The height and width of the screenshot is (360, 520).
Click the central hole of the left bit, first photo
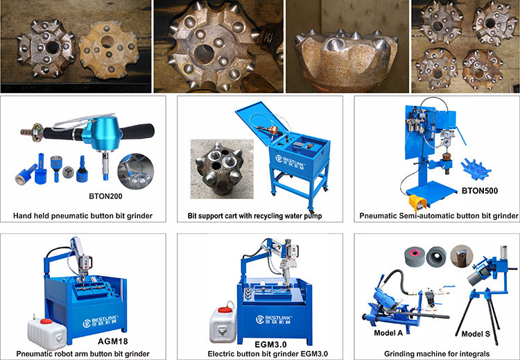tap(51, 49)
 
